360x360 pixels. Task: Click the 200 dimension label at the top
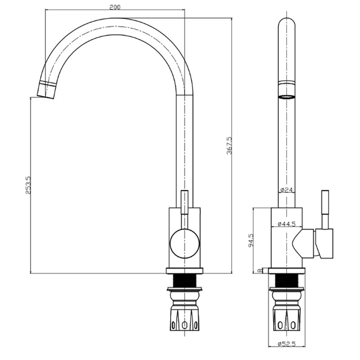point(115,7)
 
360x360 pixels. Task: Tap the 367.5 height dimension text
point(229,145)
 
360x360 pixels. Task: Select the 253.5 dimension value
point(28,185)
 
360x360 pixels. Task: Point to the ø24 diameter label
point(286,189)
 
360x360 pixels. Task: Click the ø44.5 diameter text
point(287,224)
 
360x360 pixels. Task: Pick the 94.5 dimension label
point(251,240)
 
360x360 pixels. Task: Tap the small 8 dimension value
point(260,271)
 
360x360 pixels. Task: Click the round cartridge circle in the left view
point(184,243)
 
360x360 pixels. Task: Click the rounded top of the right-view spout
point(287,22)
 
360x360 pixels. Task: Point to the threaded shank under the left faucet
point(184,280)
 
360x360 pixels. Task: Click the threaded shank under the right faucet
point(287,280)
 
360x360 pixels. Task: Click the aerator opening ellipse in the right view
point(287,97)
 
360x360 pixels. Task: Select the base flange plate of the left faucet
point(184,271)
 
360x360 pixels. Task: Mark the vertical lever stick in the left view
point(184,202)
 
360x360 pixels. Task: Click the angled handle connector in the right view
point(303,243)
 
